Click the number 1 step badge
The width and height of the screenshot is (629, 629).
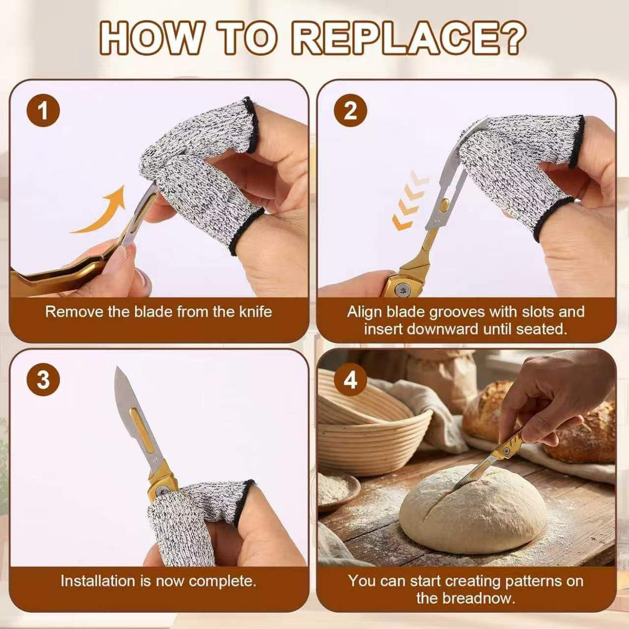[43, 111]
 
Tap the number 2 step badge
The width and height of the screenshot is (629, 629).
[351, 111]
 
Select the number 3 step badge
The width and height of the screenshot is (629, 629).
[43, 379]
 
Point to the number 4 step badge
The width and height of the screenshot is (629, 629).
[351, 379]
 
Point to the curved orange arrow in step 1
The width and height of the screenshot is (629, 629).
[101, 212]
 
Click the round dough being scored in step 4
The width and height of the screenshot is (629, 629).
[472, 506]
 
